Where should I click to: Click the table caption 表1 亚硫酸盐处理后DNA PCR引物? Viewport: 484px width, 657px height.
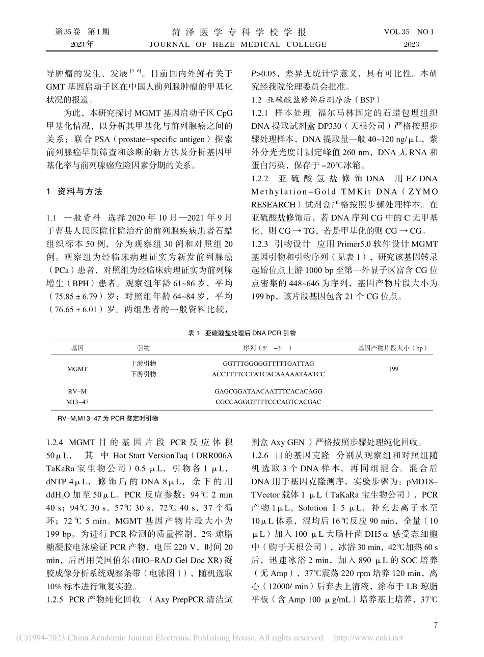pos(242,333)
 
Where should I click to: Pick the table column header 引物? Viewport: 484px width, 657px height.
pos(143,348)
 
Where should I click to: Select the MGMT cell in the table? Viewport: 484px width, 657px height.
pos(77,369)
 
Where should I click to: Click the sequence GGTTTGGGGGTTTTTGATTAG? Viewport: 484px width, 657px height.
pos(268,364)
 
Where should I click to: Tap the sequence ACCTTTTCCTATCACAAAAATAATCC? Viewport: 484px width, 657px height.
pos(268,374)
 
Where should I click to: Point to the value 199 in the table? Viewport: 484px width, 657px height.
pos(393,369)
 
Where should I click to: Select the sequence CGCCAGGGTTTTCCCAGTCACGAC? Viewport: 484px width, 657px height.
pos(268,402)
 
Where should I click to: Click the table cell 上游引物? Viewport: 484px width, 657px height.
pos(143,364)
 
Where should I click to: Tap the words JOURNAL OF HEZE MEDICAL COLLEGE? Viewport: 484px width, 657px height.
pos(238,44)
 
